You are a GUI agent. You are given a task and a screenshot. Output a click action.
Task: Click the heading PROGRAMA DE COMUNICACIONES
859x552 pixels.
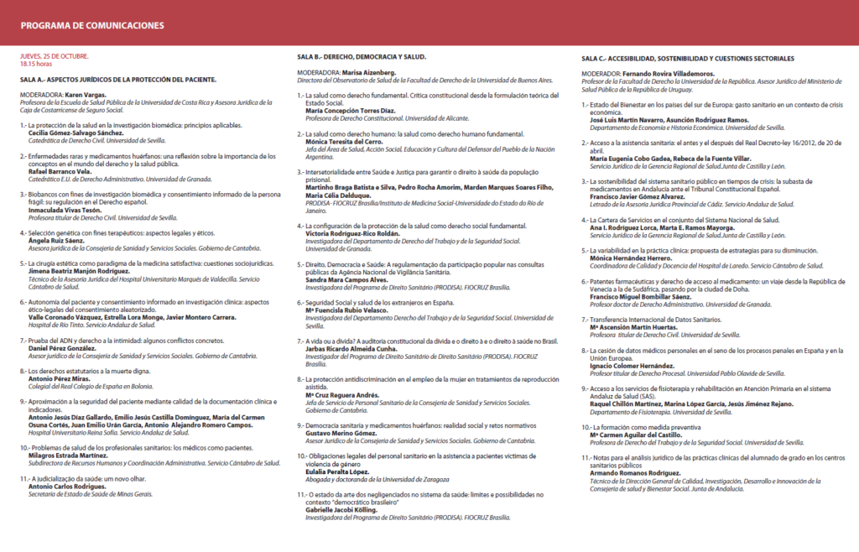pos(92,26)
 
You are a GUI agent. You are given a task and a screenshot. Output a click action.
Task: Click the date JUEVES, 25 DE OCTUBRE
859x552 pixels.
pos(55,56)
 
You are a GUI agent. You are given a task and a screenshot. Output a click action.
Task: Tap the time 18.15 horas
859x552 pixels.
pos(36,64)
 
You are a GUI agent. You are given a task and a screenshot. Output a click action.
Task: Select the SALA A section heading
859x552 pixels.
pos(118,80)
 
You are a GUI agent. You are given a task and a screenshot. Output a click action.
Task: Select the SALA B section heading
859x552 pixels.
pos(362,57)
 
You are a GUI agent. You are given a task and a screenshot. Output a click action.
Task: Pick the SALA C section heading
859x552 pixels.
pos(687,58)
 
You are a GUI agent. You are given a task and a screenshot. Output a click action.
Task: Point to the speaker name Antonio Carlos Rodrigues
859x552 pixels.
pos(70,487)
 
